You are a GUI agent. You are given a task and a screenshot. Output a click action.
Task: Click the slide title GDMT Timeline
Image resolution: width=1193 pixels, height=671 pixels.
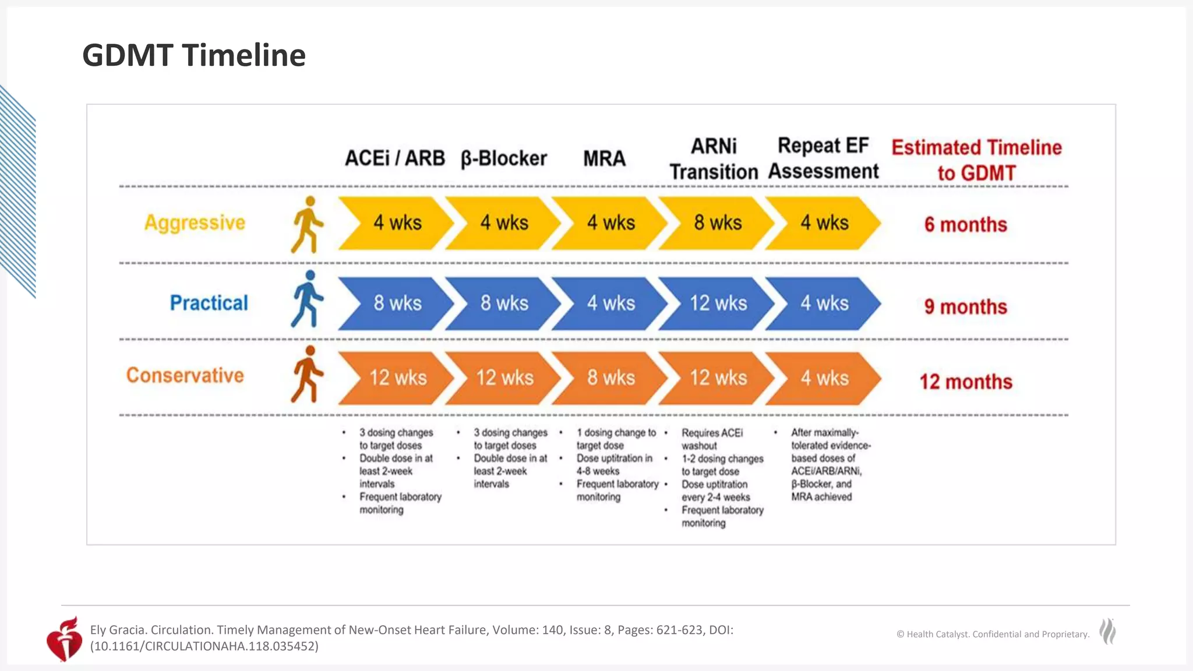(x=193, y=55)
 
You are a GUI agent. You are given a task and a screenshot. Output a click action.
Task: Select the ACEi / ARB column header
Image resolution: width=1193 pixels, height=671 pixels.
(x=394, y=158)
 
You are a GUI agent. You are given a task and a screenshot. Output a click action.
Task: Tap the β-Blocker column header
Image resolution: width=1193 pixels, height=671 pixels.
(x=503, y=158)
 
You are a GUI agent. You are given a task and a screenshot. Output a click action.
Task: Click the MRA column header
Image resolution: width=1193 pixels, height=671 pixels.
(x=604, y=158)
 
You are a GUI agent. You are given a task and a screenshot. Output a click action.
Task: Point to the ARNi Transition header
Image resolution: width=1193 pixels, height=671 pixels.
(x=714, y=159)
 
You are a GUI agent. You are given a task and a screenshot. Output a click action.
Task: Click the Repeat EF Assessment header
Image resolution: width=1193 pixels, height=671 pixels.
(x=823, y=158)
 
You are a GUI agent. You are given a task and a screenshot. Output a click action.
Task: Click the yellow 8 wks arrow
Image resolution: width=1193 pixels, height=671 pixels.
(x=717, y=223)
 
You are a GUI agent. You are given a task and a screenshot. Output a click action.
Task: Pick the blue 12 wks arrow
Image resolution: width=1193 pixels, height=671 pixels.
(x=717, y=303)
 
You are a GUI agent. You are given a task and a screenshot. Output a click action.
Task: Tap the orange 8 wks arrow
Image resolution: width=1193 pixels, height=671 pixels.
(x=610, y=378)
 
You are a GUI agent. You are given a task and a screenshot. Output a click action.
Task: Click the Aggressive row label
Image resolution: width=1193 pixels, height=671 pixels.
(x=195, y=223)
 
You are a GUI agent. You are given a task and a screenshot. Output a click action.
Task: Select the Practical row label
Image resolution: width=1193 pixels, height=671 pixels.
(x=209, y=303)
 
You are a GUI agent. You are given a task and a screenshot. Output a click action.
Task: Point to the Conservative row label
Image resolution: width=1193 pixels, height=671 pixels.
(x=185, y=376)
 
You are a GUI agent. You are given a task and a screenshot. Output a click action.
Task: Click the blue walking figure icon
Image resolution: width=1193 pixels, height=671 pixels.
(x=306, y=299)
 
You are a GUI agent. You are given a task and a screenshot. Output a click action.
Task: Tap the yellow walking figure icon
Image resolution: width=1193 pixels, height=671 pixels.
(x=306, y=225)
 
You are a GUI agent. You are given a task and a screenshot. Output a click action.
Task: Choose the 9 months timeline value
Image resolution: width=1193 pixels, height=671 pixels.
(x=965, y=307)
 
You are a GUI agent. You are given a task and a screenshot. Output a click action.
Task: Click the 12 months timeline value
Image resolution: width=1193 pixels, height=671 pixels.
(x=965, y=382)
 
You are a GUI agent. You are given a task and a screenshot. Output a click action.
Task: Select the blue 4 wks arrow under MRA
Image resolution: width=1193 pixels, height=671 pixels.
(x=610, y=303)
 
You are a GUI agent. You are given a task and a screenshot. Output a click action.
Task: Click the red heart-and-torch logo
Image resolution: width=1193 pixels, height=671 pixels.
(x=65, y=639)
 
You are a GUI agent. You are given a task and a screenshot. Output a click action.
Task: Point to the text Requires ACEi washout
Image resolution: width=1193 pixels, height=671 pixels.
(x=711, y=439)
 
